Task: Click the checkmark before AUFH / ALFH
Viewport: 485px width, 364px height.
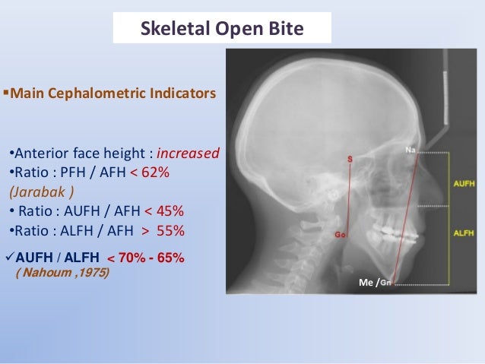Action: point(8,257)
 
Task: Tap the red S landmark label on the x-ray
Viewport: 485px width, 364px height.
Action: point(350,160)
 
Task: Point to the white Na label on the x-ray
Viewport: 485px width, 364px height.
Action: point(411,150)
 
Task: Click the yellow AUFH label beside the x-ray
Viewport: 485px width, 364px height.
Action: point(463,184)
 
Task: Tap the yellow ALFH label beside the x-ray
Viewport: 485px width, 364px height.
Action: point(463,233)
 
